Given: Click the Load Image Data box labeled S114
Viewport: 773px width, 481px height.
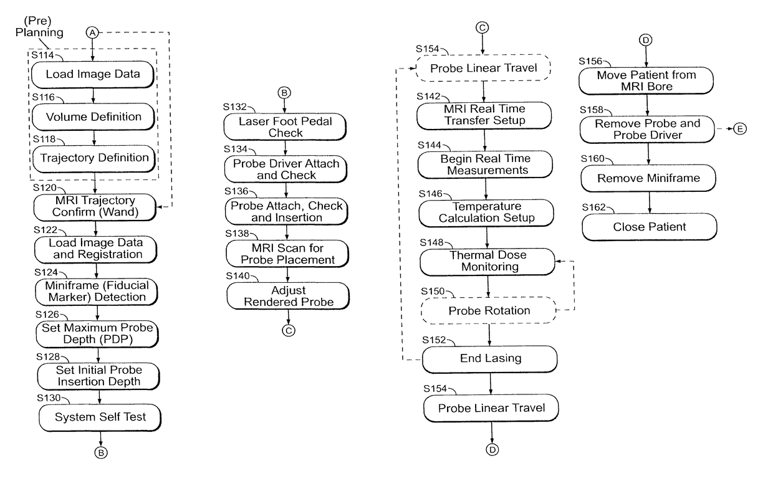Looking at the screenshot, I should pyautogui.click(x=93, y=74).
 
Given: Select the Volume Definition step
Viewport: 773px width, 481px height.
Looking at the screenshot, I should pyautogui.click(x=93, y=117).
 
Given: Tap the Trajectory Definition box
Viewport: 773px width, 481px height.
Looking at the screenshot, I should pyautogui.click(x=94, y=158).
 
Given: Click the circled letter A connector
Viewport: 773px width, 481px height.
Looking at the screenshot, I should pyautogui.click(x=93, y=32).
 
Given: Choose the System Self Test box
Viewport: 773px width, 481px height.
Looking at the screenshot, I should pyautogui.click(x=100, y=417).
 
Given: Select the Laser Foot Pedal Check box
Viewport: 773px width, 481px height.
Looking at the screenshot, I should pyautogui.click(x=286, y=126).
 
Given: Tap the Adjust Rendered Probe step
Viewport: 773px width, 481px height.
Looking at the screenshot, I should pyautogui.click(x=288, y=295).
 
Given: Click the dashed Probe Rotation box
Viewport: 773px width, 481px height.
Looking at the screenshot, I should pyautogui.click(x=489, y=310).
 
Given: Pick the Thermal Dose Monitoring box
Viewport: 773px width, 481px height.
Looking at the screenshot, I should pyautogui.click(x=487, y=262).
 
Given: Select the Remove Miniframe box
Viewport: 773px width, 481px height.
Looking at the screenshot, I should pyautogui.click(x=648, y=178).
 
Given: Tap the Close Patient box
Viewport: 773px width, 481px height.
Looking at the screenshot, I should pyautogui.click(x=649, y=226).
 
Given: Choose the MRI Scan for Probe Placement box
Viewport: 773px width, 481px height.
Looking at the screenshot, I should pyautogui.click(x=287, y=254).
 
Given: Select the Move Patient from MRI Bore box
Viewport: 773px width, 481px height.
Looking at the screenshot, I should pyautogui.click(x=646, y=80).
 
